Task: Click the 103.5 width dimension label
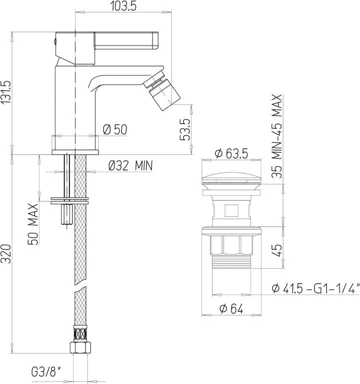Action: coord(123,6)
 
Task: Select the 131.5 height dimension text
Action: coord(6,92)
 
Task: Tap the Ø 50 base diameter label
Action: coord(115,130)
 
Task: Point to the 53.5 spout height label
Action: coord(185,130)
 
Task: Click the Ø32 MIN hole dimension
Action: coord(130,166)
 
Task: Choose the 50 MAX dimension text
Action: coord(33,224)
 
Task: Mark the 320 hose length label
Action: coord(6,254)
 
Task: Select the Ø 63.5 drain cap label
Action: coord(231,154)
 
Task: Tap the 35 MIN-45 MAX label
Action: coord(277,136)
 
